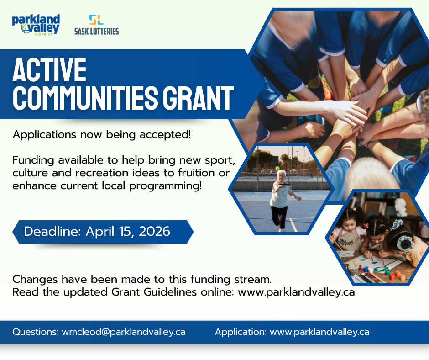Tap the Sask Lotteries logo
click(97, 25)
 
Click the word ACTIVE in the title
click(50, 69)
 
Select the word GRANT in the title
click(199, 98)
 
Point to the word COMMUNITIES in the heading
click(86, 98)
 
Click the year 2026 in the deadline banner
click(155, 232)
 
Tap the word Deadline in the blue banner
click(52, 232)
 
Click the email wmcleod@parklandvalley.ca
click(124, 332)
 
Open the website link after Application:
click(319, 332)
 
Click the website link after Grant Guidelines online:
click(296, 292)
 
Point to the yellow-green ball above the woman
click(277, 169)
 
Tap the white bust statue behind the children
click(401, 207)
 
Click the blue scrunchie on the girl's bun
click(405, 243)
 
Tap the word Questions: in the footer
click(36, 332)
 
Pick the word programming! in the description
click(166, 186)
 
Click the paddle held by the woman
click(283, 185)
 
